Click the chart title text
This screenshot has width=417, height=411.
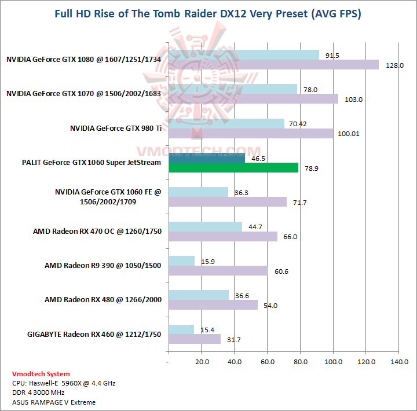coord(208,14)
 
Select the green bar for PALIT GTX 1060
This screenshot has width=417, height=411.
coord(233,168)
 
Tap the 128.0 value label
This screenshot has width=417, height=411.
coord(394,65)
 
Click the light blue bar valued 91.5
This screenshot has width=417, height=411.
coord(243,55)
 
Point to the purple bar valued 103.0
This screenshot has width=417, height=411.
coord(253,99)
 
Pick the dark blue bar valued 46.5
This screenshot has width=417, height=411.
coord(207,157)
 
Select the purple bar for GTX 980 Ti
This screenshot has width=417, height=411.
coord(251,134)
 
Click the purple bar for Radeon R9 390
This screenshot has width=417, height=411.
coord(218,271)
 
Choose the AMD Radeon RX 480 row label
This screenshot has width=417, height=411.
coord(103,300)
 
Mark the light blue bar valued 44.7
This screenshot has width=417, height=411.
coord(205,227)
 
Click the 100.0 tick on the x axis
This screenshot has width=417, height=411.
coord(334,362)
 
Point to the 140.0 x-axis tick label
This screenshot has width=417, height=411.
coord(400,362)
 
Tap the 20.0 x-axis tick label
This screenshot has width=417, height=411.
coord(202,362)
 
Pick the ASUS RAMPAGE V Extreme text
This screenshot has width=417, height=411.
coord(53,402)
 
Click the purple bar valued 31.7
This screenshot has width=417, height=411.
coord(195,339)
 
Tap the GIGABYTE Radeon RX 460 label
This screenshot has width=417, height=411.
coord(94,334)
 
